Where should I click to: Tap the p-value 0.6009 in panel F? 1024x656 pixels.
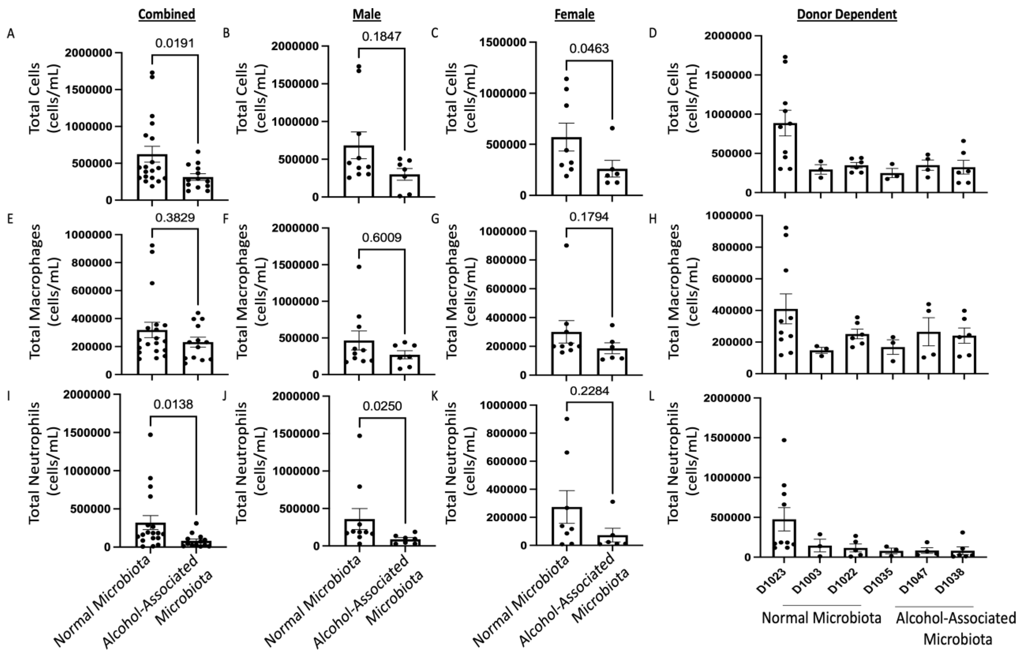[382, 237]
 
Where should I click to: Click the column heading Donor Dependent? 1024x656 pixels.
[847, 14]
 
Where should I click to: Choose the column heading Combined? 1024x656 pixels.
[167, 14]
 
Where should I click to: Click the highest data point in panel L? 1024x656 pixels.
[784, 440]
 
